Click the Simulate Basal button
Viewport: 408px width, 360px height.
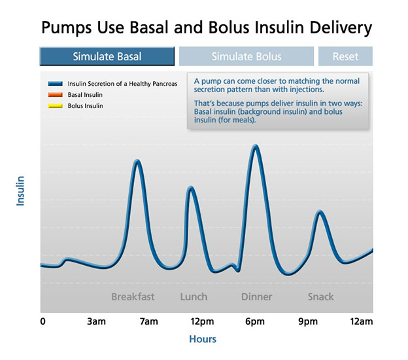tap(107, 56)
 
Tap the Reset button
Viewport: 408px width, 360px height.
tap(345, 56)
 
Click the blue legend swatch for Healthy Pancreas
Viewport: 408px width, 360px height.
tap(55, 84)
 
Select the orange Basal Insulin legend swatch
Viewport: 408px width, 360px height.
tap(55, 95)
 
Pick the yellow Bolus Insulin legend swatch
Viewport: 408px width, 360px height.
tap(55, 105)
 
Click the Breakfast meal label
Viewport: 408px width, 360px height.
tap(133, 297)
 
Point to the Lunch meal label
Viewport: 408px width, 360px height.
tap(194, 297)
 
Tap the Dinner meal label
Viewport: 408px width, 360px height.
tap(256, 297)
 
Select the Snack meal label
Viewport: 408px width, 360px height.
tap(320, 297)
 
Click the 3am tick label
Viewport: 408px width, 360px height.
tap(96, 321)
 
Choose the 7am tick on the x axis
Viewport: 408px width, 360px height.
tap(149, 321)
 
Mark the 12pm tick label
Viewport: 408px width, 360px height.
tap(202, 321)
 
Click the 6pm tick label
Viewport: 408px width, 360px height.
tap(255, 321)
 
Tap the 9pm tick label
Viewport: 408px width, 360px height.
tap(308, 321)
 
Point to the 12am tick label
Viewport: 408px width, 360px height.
tap(361, 321)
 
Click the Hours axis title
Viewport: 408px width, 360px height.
tap(202, 339)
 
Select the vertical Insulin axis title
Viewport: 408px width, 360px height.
tap(20, 190)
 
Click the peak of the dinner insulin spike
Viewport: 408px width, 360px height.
tap(256, 146)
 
